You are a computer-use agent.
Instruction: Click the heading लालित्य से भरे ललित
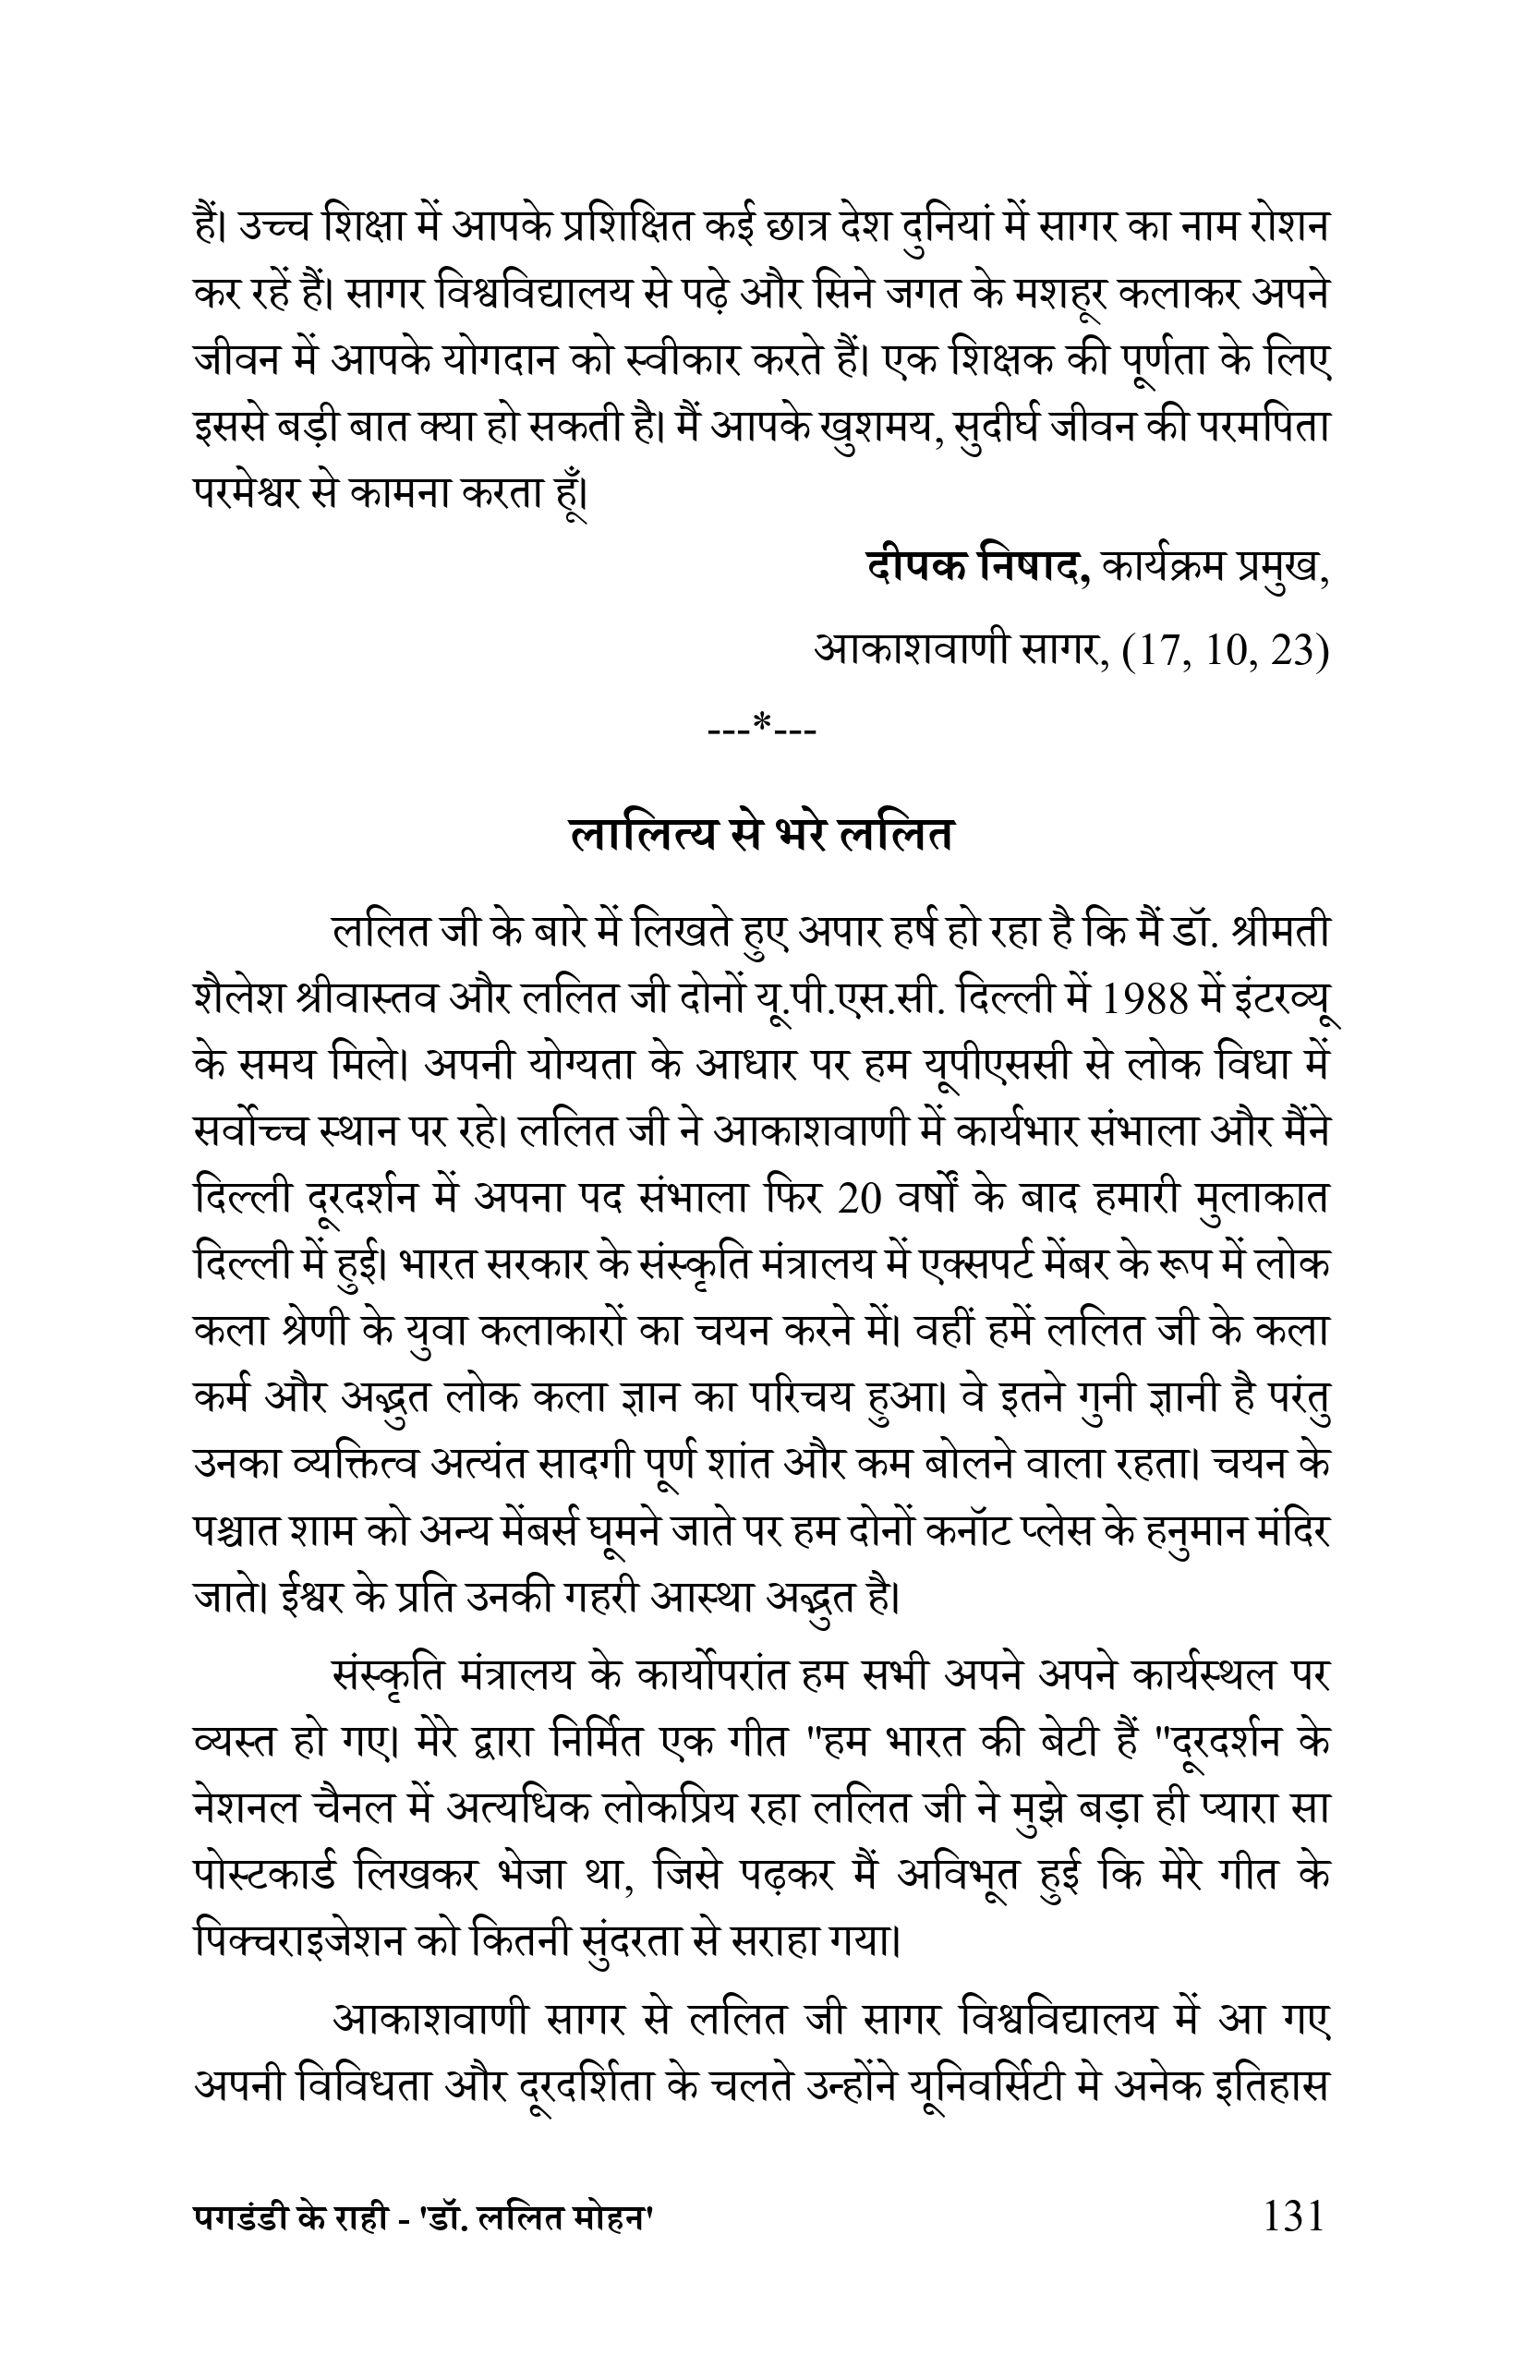click(762, 834)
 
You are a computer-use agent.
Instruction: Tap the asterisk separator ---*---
click(762, 730)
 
